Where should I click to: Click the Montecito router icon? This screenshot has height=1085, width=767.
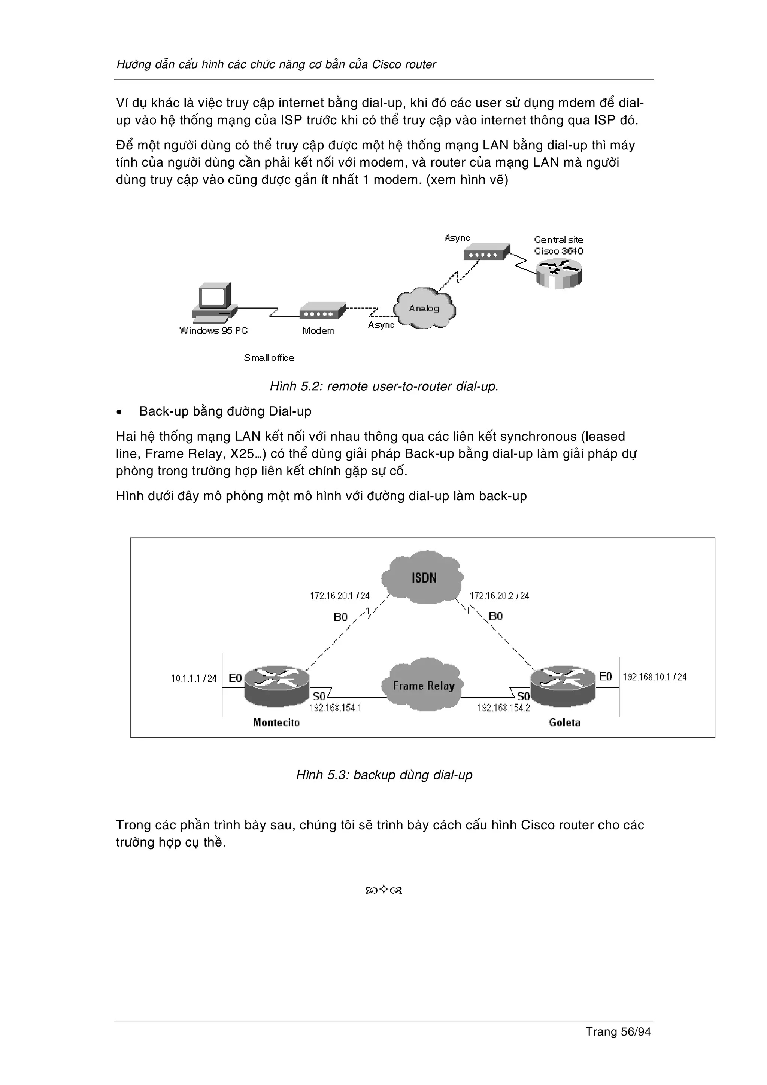(277, 687)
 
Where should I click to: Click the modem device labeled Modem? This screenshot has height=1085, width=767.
(322, 312)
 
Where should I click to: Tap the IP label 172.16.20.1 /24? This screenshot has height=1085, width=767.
(339, 596)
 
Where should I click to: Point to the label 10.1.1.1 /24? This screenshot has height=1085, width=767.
(193, 679)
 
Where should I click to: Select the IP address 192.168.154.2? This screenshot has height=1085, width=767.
(503, 708)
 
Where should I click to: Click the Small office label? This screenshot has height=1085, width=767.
(269, 358)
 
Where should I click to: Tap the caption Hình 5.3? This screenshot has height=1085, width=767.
(384, 775)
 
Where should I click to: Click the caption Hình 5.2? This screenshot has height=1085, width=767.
(384, 386)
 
